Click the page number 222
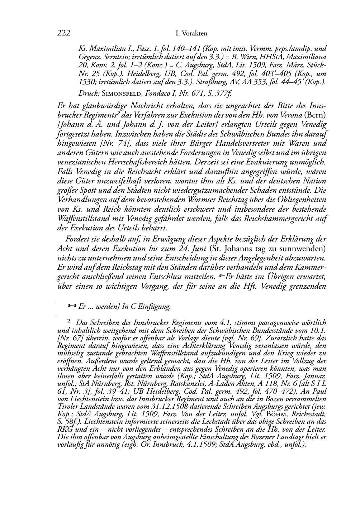(x=63, y=33)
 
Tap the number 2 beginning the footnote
(x=70, y=322)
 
